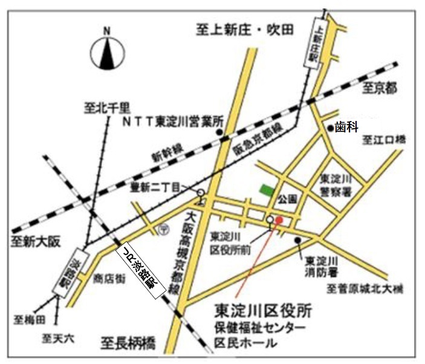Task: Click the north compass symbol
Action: click(x=108, y=53)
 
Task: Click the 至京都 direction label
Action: click(x=378, y=89)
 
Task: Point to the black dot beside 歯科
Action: click(x=330, y=128)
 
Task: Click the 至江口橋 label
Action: click(x=384, y=140)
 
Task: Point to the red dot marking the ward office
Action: click(x=279, y=221)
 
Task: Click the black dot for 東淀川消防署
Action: click(x=298, y=240)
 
